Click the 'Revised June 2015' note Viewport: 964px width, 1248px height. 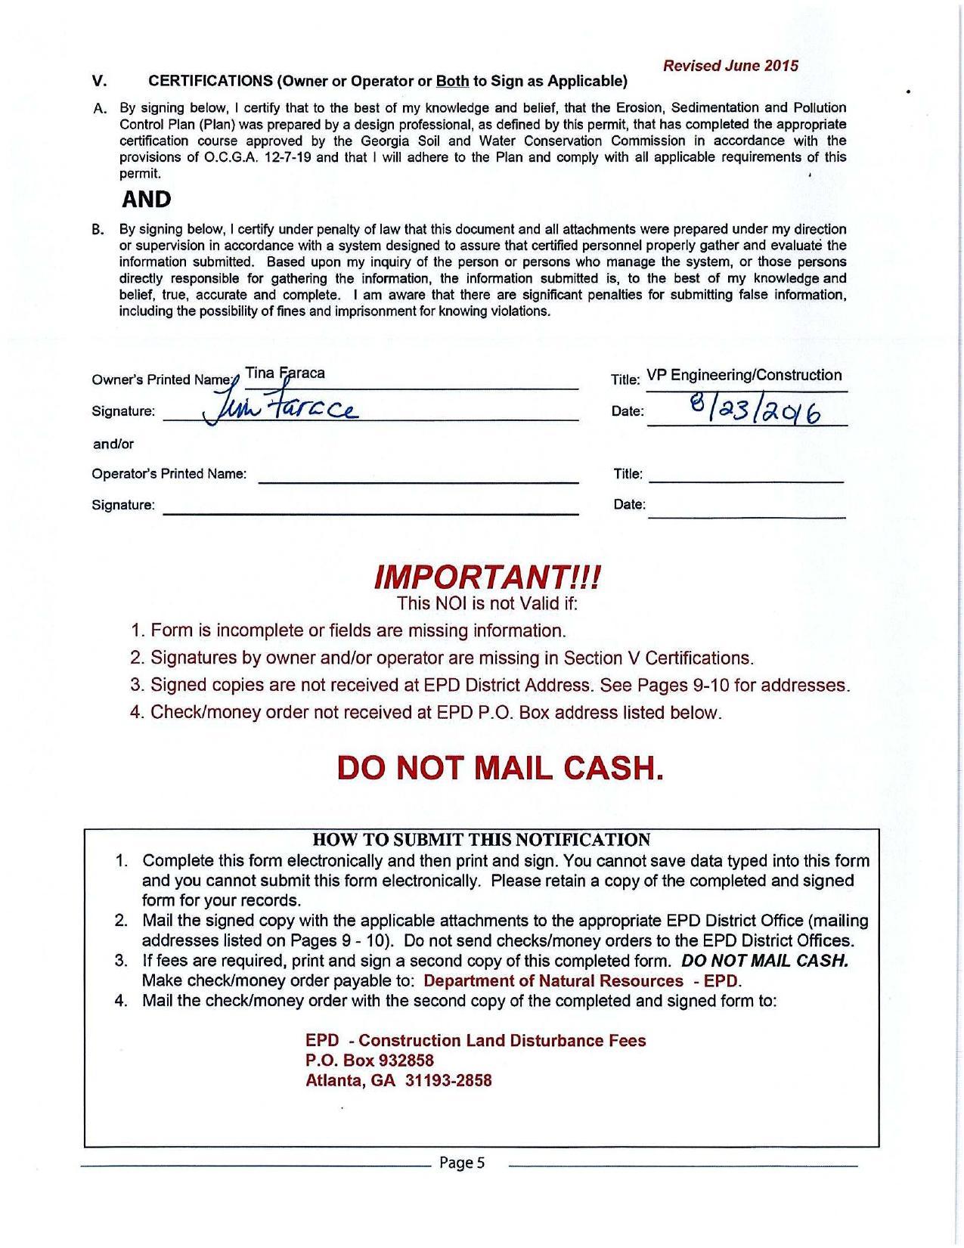pos(730,66)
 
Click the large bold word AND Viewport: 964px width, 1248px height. pos(147,200)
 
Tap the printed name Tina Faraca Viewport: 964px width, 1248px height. pos(285,373)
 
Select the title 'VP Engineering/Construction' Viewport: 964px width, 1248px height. pos(744,375)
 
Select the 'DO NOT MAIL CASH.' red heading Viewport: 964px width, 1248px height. pos(500,768)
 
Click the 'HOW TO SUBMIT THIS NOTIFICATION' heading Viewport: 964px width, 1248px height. pos(481,840)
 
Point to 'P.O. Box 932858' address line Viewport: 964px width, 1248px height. pos(369,1061)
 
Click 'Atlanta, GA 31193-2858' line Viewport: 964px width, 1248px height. pos(398,1080)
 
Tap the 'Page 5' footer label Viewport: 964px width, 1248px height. pos(461,1163)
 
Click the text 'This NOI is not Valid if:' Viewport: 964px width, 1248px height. pos(487,603)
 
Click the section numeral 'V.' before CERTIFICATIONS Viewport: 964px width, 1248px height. pos(99,81)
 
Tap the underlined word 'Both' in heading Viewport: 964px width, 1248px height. pos(453,81)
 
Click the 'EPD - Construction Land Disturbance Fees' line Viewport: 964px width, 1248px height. pos(476,1041)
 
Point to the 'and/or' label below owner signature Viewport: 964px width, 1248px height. pos(113,444)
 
